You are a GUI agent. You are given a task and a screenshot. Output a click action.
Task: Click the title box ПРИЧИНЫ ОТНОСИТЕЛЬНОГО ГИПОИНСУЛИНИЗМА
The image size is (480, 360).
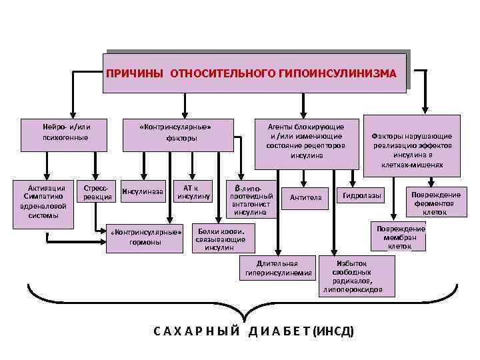coord(255,71)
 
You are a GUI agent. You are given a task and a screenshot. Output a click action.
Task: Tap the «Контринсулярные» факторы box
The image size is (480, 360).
coord(176,132)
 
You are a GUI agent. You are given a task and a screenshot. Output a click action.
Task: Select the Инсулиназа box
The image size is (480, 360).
coord(142,193)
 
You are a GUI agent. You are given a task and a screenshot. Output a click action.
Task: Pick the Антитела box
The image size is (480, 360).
coord(305,197)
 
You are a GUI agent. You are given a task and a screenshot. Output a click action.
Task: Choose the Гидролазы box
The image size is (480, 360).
coord(363,196)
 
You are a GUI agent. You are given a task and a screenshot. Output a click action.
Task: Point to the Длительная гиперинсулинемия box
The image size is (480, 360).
coord(278,268)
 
